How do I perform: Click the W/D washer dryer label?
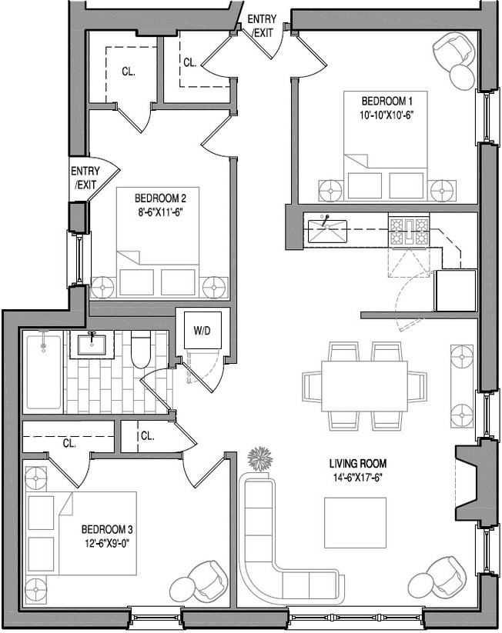[202, 331]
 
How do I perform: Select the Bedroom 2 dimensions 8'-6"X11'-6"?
[157, 210]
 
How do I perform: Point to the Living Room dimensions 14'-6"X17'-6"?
[357, 477]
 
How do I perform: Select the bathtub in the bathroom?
[43, 371]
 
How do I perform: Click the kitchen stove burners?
[409, 231]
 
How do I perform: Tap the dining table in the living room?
[363, 385]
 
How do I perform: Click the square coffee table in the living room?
[355, 523]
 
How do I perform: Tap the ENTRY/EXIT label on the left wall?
[84, 178]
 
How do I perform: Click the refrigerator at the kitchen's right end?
[456, 290]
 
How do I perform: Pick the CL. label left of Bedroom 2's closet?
[128, 72]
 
